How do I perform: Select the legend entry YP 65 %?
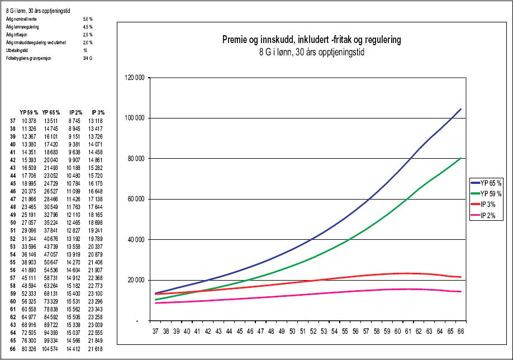pyautogui.click(x=490, y=182)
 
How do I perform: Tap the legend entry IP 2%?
pyautogui.click(x=487, y=217)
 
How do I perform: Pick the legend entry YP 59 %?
pyautogui.click(x=490, y=193)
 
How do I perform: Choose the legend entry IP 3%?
pyautogui.click(x=487, y=205)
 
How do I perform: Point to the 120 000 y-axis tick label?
pyautogui.click(x=134, y=78)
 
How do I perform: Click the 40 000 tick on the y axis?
pyautogui.click(x=135, y=240)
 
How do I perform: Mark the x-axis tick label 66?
pyautogui.click(x=460, y=332)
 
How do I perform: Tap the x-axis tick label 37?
pyautogui.click(x=156, y=332)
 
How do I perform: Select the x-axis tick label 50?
pyautogui.click(x=293, y=332)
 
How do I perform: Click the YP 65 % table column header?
pyautogui.click(x=52, y=112)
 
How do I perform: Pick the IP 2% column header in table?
pyautogui.click(x=76, y=112)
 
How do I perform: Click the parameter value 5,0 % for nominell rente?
pyautogui.click(x=87, y=19)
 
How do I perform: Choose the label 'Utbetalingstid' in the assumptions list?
pyautogui.click(x=16, y=50)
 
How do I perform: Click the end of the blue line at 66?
pyautogui.click(x=460, y=109)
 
